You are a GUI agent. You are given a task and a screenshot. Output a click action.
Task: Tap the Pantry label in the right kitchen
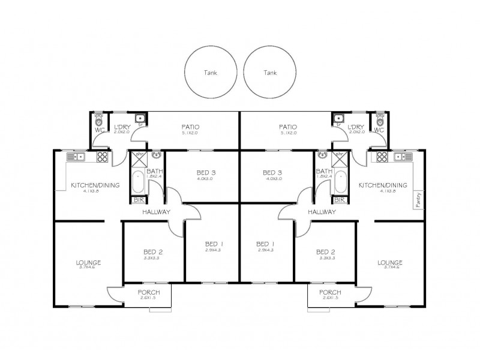tap(418, 199)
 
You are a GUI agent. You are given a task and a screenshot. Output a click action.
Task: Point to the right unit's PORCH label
tap(330, 292)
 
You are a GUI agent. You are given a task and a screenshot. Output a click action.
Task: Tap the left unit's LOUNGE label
tap(88, 262)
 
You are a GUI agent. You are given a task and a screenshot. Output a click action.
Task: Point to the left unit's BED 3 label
tap(205, 173)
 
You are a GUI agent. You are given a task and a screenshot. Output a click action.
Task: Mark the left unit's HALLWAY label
tap(157, 212)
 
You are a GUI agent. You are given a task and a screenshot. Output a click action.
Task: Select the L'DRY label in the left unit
tap(122, 127)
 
